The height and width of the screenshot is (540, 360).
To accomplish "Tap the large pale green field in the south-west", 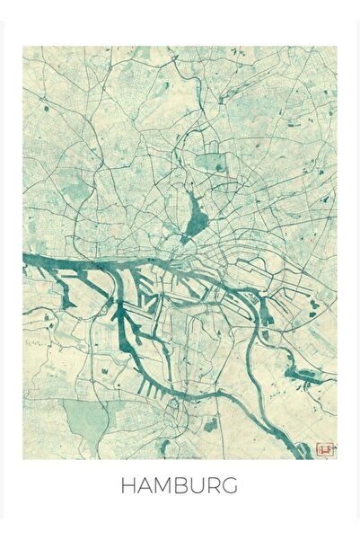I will coord(85,418).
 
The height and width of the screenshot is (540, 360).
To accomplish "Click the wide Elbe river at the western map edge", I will coord(36,261).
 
